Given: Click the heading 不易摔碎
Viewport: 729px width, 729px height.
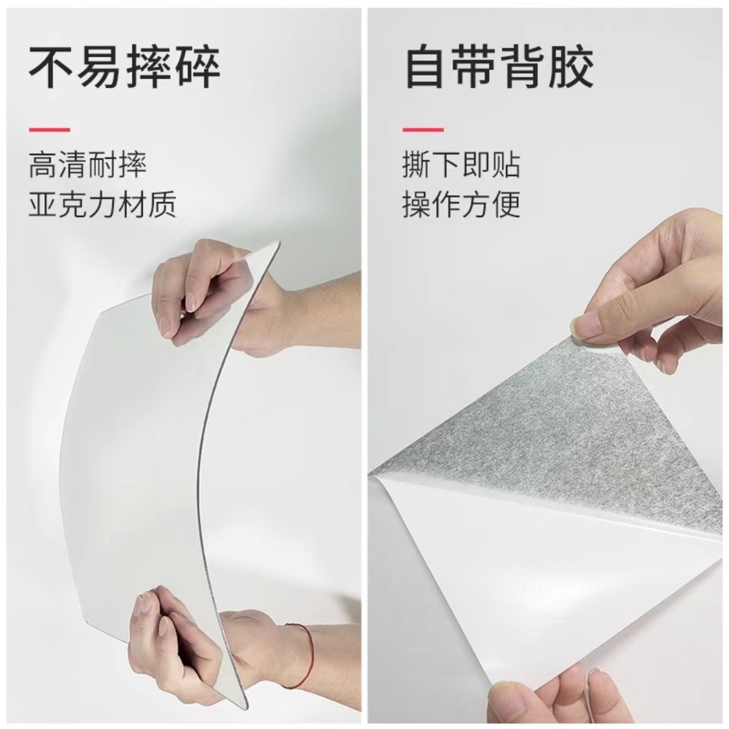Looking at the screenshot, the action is [x=125, y=66].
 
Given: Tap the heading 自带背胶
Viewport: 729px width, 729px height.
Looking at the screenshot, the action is [x=499, y=66].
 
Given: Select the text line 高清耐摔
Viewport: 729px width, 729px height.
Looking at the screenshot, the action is [x=88, y=164].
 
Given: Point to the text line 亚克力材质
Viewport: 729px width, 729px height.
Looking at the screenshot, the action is [x=103, y=204].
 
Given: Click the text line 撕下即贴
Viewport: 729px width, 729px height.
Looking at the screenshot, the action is [x=461, y=164].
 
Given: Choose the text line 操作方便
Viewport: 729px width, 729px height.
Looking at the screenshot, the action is [x=461, y=204].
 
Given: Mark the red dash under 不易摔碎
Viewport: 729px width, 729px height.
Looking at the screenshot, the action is [x=50, y=130].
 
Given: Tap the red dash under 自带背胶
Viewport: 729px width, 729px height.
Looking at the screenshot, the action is [x=423, y=130].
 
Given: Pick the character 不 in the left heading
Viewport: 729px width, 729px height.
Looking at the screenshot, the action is [x=51, y=66].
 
